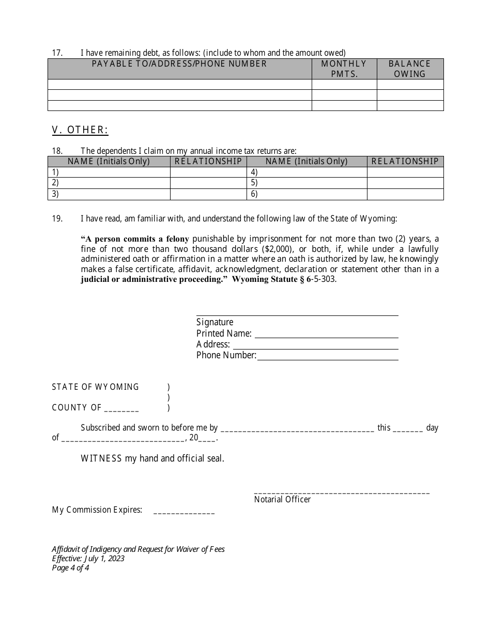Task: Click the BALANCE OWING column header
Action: point(410,69)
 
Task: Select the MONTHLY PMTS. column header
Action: point(344,69)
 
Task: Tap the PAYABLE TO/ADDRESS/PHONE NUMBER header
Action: point(179,63)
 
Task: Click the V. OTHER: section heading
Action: point(80,130)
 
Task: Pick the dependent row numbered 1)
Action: point(109,172)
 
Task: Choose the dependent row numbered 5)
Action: point(307,183)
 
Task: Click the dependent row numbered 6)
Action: point(307,194)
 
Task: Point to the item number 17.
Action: point(57,53)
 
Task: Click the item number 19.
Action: point(57,218)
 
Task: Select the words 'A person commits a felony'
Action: point(135,239)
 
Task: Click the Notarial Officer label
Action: point(282,500)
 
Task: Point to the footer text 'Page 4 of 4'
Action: point(71,568)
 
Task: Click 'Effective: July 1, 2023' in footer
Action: point(88,559)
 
